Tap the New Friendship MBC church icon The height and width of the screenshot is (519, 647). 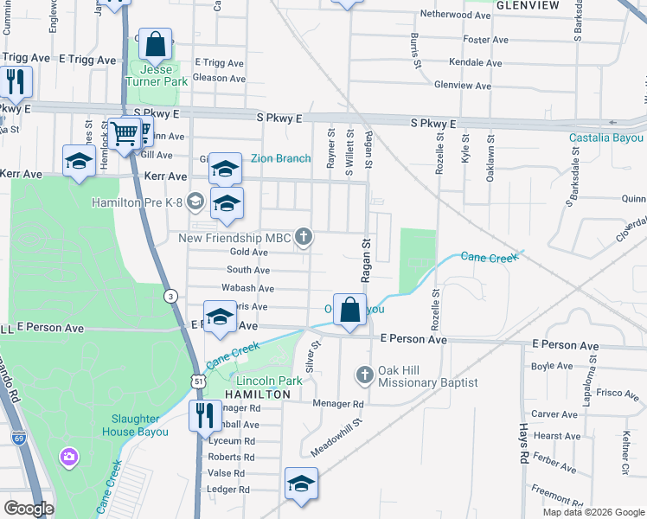pos(304,235)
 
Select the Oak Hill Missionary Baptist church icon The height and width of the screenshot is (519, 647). pos(364,375)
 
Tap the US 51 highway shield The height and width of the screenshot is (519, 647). pos(199,380)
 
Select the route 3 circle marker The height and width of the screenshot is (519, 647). pos(171,295)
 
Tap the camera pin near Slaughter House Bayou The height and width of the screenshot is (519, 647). pos(67,456)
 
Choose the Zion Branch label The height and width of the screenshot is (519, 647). pos(280,158)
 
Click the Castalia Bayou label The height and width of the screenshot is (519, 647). pos(605,138)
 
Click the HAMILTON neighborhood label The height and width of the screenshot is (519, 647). pos(257,394)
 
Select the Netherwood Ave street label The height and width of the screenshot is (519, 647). pos(456,15)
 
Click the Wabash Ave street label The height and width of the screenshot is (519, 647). pos(247,288)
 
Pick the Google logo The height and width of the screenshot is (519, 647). pos(29,509)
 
